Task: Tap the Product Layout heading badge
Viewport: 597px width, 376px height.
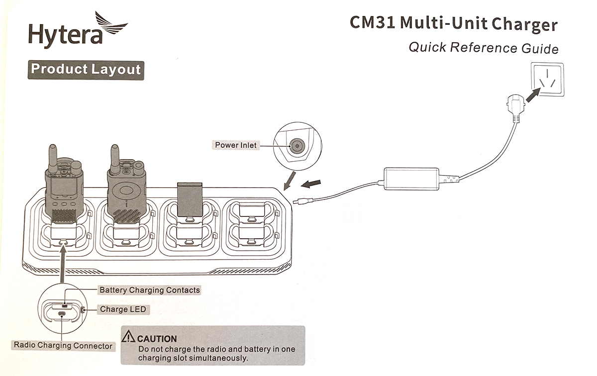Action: click(86, 70)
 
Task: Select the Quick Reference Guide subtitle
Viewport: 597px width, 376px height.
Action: click(483, 48)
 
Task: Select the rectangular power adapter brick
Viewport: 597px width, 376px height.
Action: click(411, 178)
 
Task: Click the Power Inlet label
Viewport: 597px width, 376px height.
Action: click(236, 145)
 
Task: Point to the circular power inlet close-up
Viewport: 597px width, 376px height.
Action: click(297, 145)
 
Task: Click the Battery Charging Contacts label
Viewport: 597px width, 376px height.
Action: click(150, 290)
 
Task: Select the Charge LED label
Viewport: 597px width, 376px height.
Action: click(123, 309)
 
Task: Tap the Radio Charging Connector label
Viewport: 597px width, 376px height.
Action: click(63, 345)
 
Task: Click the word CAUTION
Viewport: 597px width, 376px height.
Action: click(157, 339)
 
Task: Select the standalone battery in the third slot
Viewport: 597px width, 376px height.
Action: click(190, 199)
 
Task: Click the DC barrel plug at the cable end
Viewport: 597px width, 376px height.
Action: click(302, 201)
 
